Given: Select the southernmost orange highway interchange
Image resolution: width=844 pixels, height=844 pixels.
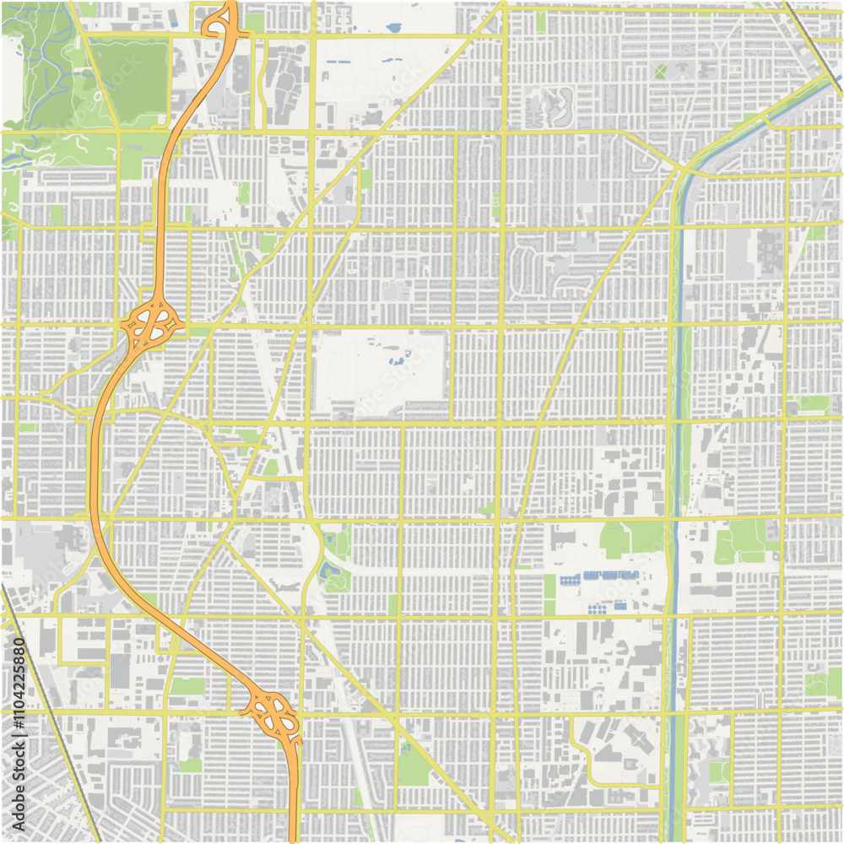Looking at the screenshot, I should (274, 713).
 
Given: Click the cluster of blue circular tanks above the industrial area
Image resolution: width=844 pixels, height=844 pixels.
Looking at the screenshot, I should (598, 608).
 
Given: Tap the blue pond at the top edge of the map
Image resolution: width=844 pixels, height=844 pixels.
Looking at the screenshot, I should (393, 28).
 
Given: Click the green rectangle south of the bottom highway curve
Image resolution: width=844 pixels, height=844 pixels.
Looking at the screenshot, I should (187, 686).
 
